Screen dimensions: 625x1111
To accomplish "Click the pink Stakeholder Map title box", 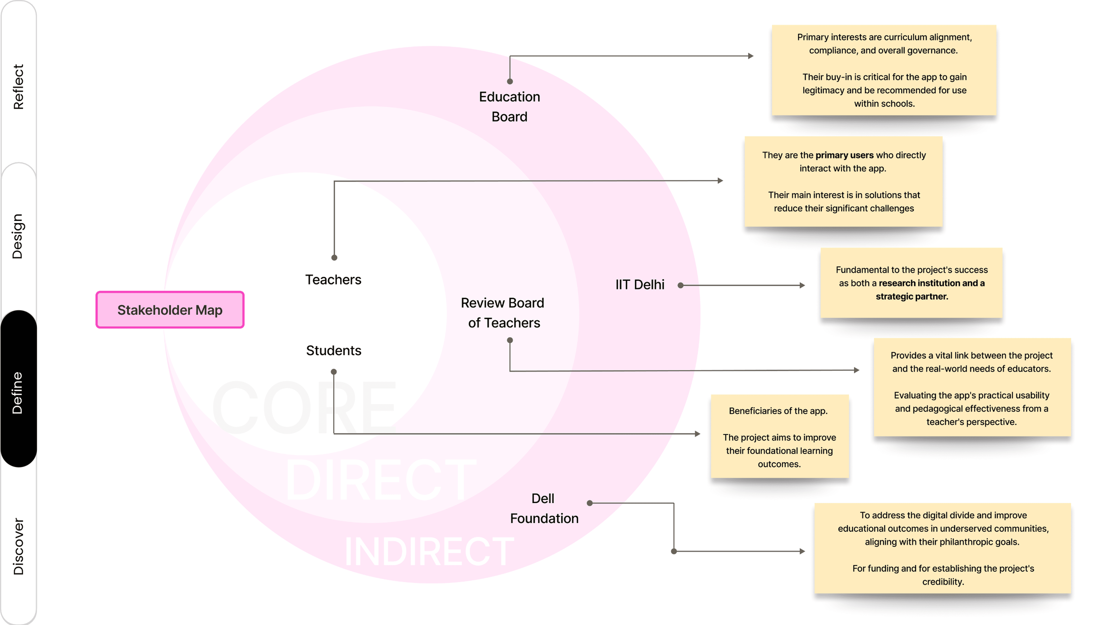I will pyautogui.click(x=170, y=310).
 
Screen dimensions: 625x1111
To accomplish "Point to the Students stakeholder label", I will pyautogui.click(x=333, y=350).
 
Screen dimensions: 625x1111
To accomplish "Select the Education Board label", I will pyautogui.click(x=509, y=107).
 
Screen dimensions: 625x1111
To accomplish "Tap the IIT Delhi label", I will pyautogui.click(x=640, y=285).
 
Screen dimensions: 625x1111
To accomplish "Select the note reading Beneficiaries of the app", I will pyautogui.click(x=779, y=436).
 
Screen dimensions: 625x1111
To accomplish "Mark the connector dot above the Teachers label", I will pyautogui.click(x=334, y=258).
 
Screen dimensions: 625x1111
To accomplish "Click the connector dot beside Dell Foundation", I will pyautogui.click(x=590, y=503).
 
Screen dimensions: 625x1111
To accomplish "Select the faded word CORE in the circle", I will pyautogui.click(x=304, y=408).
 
